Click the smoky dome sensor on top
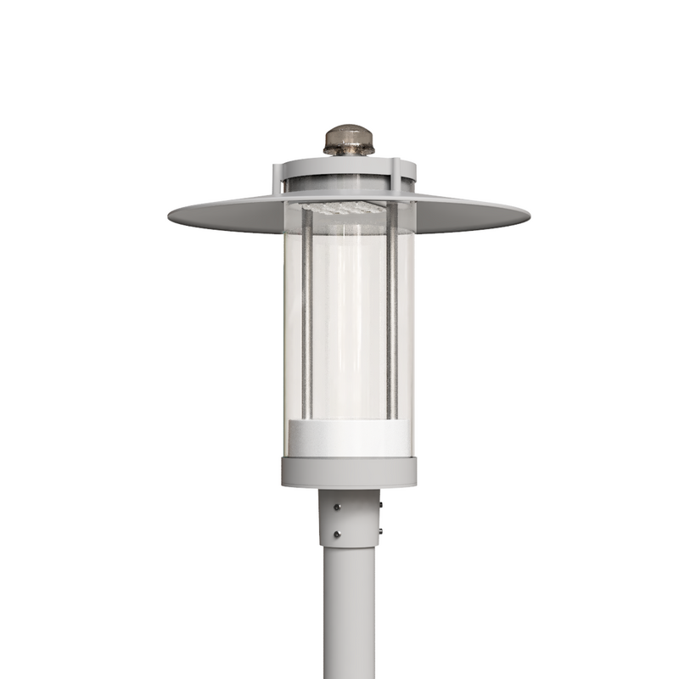(x=349, y=140)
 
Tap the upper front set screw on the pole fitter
(x=338, y=508)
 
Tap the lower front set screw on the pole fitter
(x=338, y=534)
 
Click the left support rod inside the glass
(x=307, y=314)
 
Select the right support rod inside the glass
(x=392, y=314)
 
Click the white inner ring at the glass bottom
(x=349, y=436)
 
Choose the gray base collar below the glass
(x=349, y=471)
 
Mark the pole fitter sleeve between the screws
(x=356, y=519)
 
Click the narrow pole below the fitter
(x=349, y=611)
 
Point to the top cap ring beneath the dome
(x=349, y=164)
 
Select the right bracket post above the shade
(x=395, y=177)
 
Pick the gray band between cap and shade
(x=349, y=182)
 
